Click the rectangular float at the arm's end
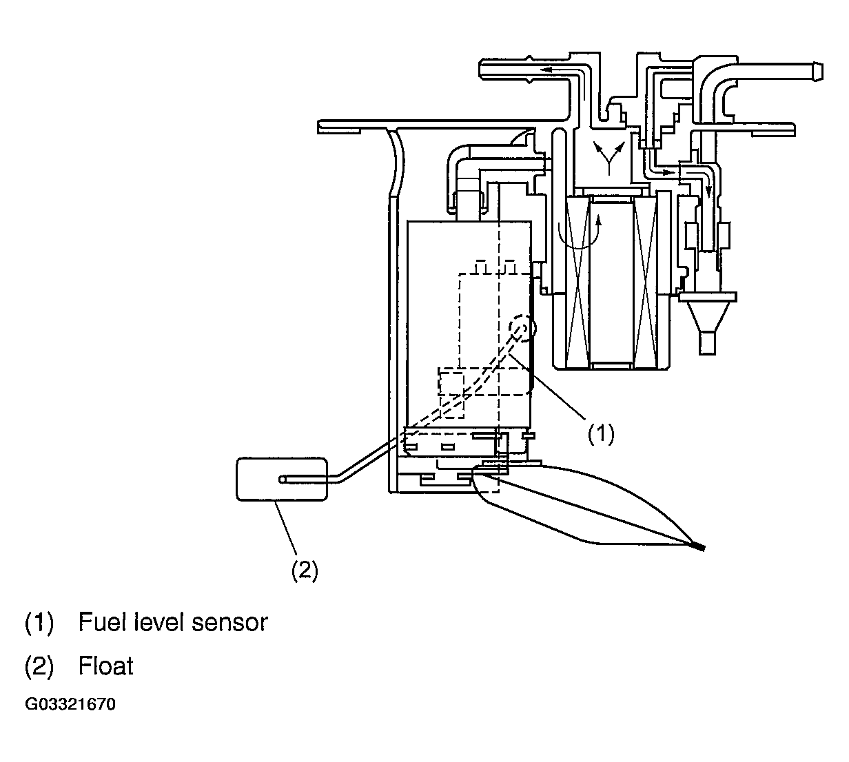282,479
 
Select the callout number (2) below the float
305,570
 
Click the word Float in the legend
105,666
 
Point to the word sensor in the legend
229,623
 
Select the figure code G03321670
70,704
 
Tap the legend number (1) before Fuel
39,623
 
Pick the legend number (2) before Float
39,666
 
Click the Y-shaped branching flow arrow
609,158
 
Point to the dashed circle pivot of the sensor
522,327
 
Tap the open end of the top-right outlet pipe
817,72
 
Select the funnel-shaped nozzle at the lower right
707,322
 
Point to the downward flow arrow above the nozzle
708,189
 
